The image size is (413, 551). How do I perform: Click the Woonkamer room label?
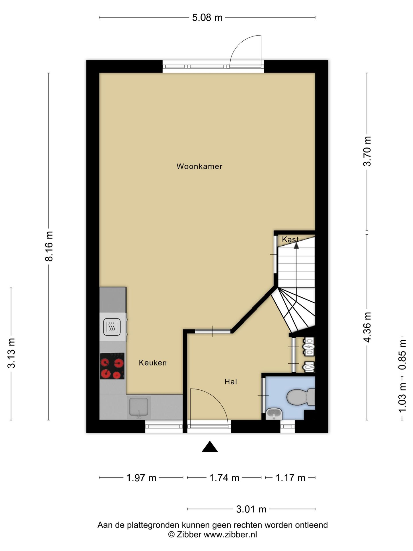click(199, 166)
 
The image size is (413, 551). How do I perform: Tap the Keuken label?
click(153, 363)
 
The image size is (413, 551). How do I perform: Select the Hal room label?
click(231, 382)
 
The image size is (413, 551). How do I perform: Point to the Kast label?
click(290, 239)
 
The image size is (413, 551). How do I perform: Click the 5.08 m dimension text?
click(207, 18)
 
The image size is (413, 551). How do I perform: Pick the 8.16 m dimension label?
click(49, 246)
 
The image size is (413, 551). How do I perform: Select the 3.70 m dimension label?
click(367, 151)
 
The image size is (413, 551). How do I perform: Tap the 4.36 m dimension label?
click(367, 327)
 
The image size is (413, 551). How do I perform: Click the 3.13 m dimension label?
click(11, 353)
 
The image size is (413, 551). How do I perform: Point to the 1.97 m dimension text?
click(141, 478)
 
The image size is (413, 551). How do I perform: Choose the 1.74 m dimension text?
click(224, 478)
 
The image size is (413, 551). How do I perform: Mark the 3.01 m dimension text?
click(251, 509)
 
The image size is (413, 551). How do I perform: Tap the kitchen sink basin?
click(139, 406)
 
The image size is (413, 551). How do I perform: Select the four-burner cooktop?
click(112, 366)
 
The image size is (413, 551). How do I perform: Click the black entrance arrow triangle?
click(210, 447)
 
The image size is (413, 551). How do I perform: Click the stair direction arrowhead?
click(296, 245)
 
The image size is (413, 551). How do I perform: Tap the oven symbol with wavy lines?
click(112, 327)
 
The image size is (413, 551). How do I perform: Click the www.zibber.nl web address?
click(230, 535)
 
